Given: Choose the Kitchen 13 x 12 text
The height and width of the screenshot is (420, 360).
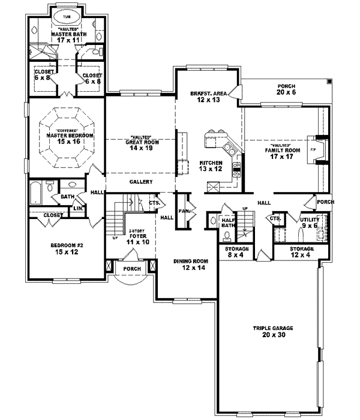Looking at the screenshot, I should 211,167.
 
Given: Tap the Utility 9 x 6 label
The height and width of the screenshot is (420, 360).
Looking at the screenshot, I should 311,223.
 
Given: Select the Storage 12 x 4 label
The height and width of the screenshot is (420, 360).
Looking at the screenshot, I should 302,251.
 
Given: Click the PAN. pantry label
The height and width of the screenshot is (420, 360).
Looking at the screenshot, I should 184,211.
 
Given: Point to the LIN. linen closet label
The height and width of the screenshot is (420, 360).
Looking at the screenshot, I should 78,208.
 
